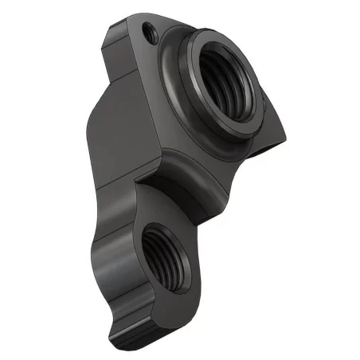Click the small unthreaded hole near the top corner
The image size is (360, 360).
[148, 32]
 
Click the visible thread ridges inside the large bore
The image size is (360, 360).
[239, 88]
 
